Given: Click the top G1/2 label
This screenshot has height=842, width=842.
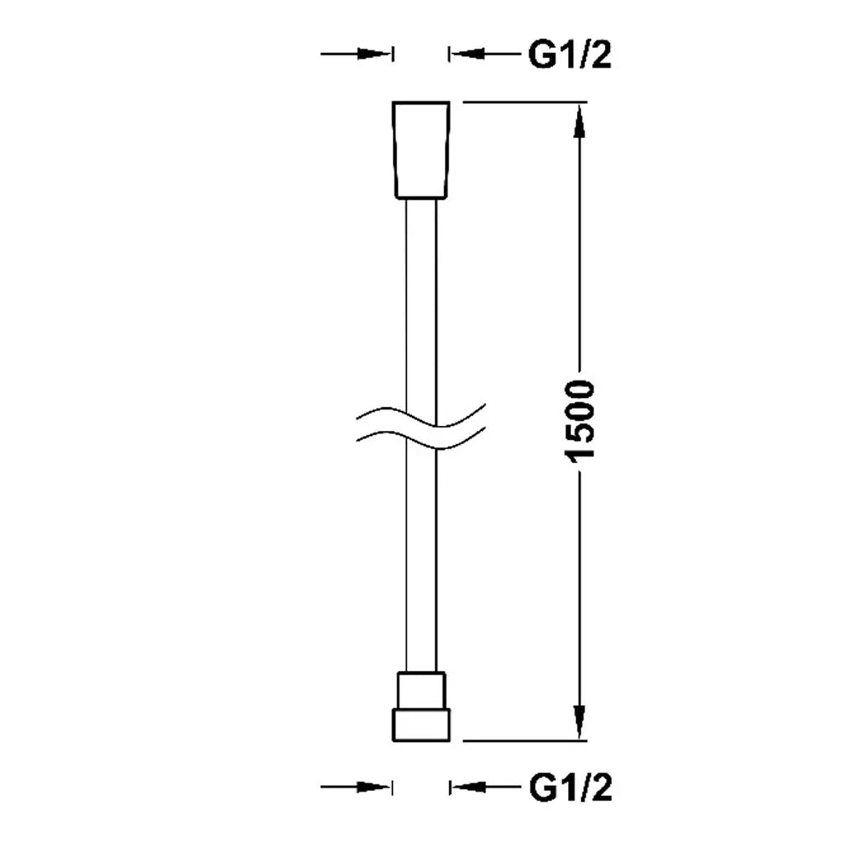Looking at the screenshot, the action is [x=570, y=54].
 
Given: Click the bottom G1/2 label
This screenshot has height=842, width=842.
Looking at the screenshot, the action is [x=570, y=788].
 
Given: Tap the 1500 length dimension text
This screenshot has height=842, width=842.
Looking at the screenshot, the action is [x=580, y=421].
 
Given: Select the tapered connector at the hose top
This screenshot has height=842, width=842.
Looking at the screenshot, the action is [x=421, y=149].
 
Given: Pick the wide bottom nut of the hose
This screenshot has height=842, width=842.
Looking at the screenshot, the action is [x=421, y=725].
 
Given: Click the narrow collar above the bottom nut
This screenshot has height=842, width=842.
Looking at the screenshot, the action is [x=421, y=690].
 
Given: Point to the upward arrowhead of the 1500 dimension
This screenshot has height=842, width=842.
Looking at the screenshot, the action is [x=579, y=123].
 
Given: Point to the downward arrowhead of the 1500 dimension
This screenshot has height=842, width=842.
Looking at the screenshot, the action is [x=579, y=721].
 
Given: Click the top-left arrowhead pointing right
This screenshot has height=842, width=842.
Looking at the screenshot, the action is [x=374, y=54].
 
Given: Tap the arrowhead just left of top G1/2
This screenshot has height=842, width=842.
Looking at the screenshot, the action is [x=468, y=54].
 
